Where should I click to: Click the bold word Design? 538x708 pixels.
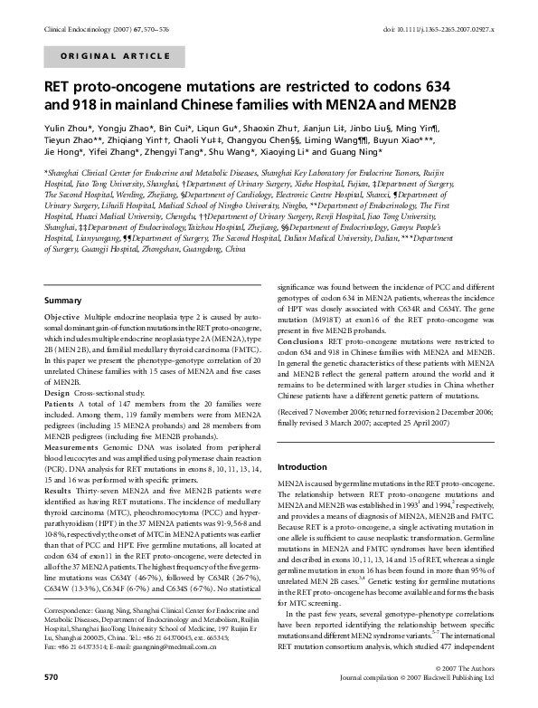(57, 393)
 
